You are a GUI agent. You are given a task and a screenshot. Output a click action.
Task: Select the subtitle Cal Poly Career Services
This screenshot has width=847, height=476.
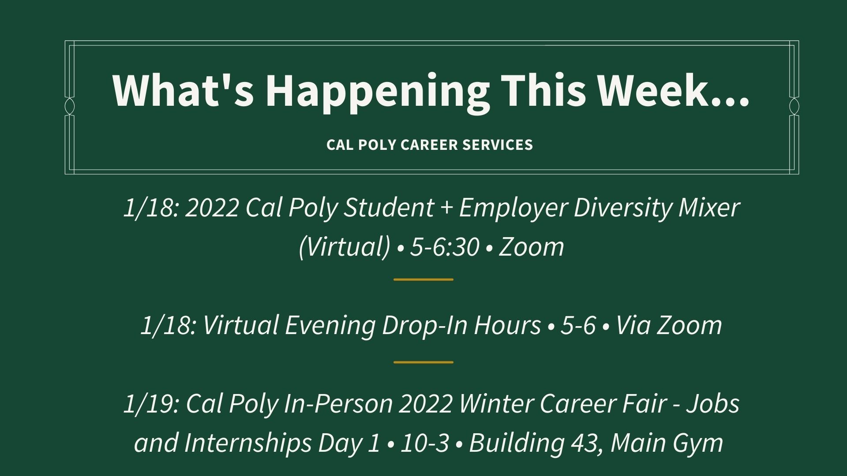click(x=430, y=145)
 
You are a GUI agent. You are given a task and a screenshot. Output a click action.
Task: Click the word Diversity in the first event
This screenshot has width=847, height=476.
click(x=622, y=208)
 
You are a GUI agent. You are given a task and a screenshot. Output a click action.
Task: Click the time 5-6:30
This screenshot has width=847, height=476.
click(x=444, y=247)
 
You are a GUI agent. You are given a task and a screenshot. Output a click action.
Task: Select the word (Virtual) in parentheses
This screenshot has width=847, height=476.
click(x=345, y=247)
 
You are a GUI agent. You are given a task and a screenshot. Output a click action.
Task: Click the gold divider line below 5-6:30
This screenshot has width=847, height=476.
click(x=423, y=279)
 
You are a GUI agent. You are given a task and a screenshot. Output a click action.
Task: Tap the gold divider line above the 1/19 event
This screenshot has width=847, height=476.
click(x=423, y=362)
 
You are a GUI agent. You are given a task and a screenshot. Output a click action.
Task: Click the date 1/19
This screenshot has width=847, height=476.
click(x=150, y=404)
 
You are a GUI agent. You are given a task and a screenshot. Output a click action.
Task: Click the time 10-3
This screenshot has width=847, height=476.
click(x=424, y=443)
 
